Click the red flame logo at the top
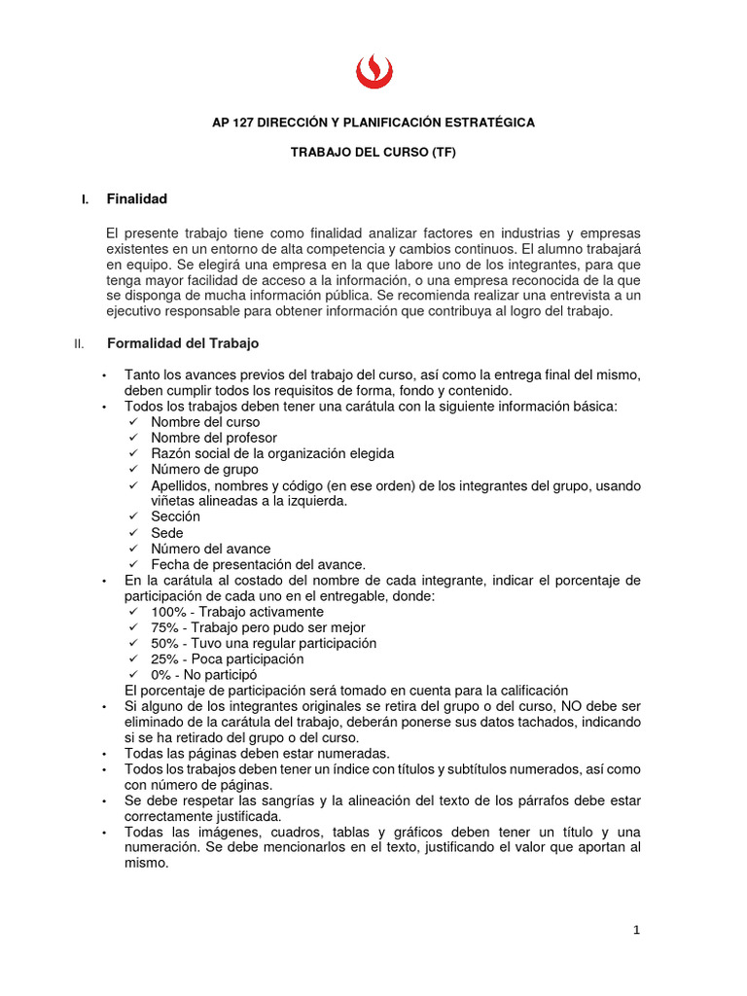tap(373, 71)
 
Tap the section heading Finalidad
tap(136, 199)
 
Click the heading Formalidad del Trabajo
tap(182, 343)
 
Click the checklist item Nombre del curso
tap(205, 422)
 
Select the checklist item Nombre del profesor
tap(214, 438)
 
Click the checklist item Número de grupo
tap(204, 470)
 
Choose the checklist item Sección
tap(175, 516)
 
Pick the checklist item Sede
tap(167, 533)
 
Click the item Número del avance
tap(211, 549)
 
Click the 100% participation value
tap(167, 612)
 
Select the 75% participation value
tap(163, 627)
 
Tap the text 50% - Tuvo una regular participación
tap(263, 643)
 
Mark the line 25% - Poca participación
tap(227, 658)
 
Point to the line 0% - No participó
tap(203, 674)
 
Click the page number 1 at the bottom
tap(636, 930)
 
